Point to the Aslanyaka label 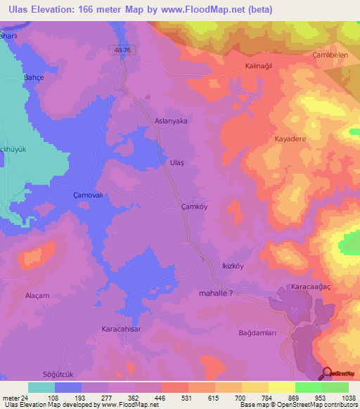[171, 121]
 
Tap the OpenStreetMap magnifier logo [328, 373]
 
